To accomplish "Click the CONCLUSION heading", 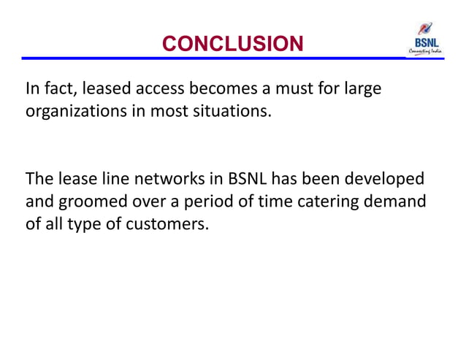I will (232, 45).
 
